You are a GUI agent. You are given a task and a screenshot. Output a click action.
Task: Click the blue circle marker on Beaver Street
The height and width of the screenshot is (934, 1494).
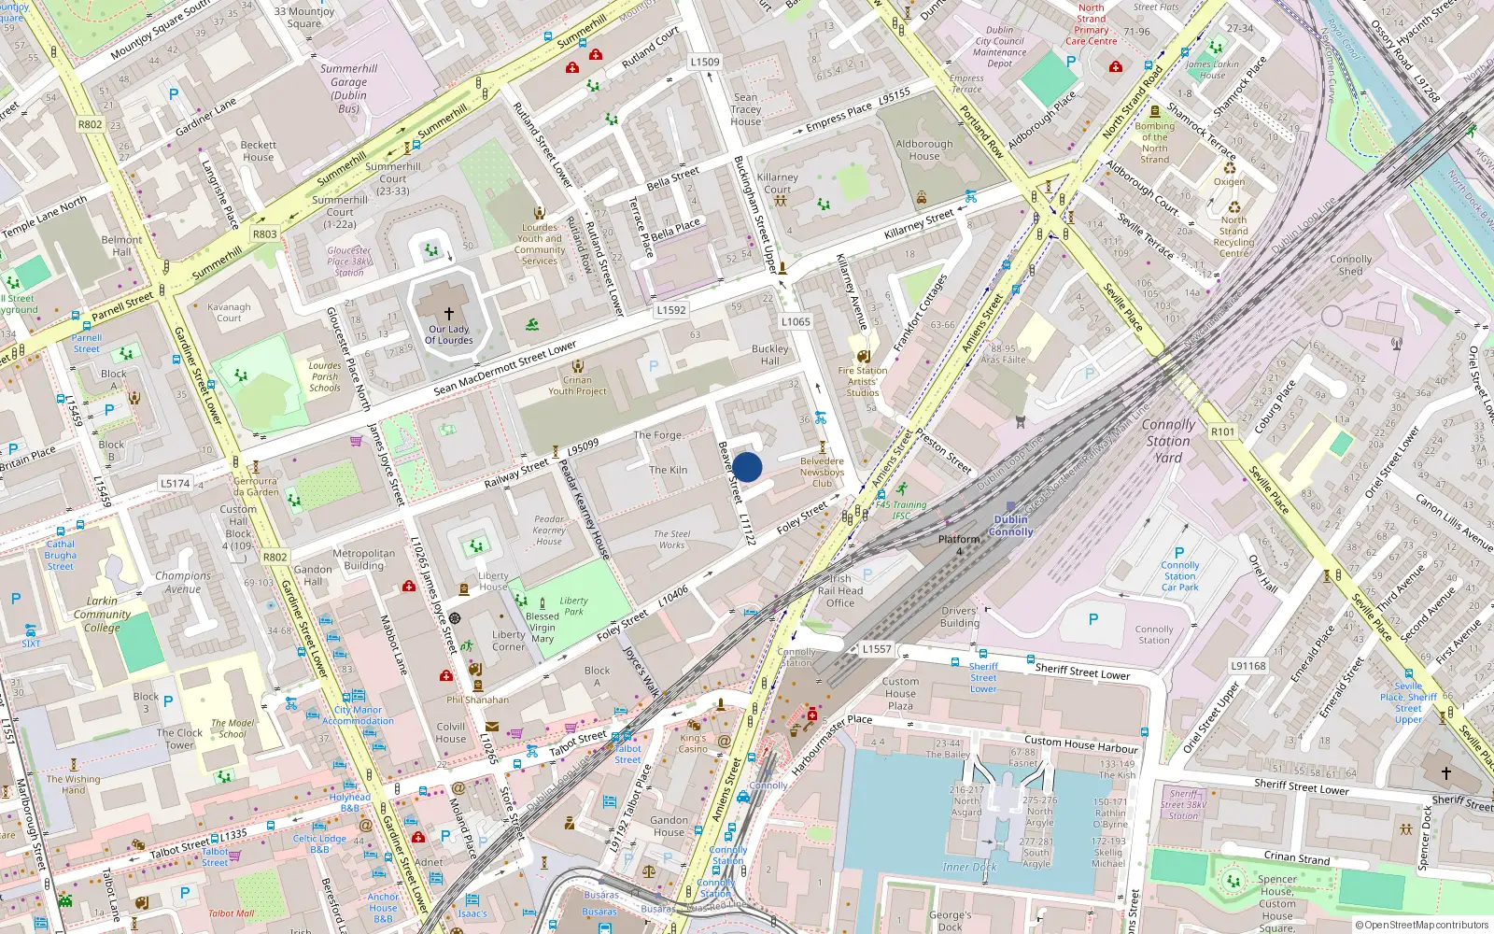(747, 467)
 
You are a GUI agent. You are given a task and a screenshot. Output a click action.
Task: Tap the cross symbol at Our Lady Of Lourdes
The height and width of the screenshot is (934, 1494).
(449, 314)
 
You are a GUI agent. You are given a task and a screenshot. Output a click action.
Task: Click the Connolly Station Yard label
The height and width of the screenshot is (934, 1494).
(1168, 441)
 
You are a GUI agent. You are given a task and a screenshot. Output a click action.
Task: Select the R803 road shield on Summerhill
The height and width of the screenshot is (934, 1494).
(265, 234)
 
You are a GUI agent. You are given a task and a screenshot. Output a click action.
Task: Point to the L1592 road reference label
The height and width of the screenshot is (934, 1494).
(671, 310)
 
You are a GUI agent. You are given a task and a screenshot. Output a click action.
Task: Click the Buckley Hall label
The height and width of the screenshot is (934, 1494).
(770, 355)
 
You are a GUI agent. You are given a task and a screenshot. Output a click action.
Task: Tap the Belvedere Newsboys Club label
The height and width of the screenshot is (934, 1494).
(822, 472)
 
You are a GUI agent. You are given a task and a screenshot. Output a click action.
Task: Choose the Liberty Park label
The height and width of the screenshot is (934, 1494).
(573, 606)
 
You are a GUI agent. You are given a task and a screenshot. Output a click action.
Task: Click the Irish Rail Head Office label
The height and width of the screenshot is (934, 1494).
(840, 590)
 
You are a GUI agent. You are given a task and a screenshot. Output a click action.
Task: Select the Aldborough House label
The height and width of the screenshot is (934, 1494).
(924, 149)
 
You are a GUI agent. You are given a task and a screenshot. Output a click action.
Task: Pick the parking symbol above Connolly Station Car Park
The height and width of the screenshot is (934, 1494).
(1179, 552)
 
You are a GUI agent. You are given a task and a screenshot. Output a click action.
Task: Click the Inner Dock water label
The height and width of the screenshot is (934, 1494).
(969, 867)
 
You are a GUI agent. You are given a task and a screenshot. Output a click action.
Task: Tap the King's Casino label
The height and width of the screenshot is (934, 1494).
(693, 743)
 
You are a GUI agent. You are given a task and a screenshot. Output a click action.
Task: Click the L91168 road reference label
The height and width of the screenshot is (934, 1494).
(1247, 666)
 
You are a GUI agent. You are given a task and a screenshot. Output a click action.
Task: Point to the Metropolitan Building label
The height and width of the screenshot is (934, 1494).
(363, 559)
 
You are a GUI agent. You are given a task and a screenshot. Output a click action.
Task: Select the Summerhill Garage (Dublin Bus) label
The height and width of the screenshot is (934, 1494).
(348, 89)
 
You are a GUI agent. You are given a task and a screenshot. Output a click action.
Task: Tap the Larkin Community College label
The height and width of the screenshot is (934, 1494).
(102, 614)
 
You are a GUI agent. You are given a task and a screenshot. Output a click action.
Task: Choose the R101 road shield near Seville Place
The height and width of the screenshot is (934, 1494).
(1222, 432)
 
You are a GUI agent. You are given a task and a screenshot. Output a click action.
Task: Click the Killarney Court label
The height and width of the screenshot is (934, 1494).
(777, 183)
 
